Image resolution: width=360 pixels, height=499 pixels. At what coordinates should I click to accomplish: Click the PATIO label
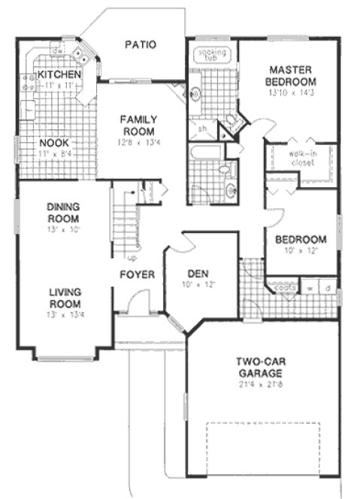tap(141, 44)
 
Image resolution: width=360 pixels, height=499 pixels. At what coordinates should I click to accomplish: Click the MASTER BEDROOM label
tap(292, 75)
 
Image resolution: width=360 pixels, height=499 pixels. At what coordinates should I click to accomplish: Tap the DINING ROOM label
tap(63, 213)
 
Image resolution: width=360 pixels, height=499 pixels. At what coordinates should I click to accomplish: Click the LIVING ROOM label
tap(65, 298)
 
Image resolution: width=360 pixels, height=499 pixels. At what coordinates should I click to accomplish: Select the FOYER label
tap(137, 274)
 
